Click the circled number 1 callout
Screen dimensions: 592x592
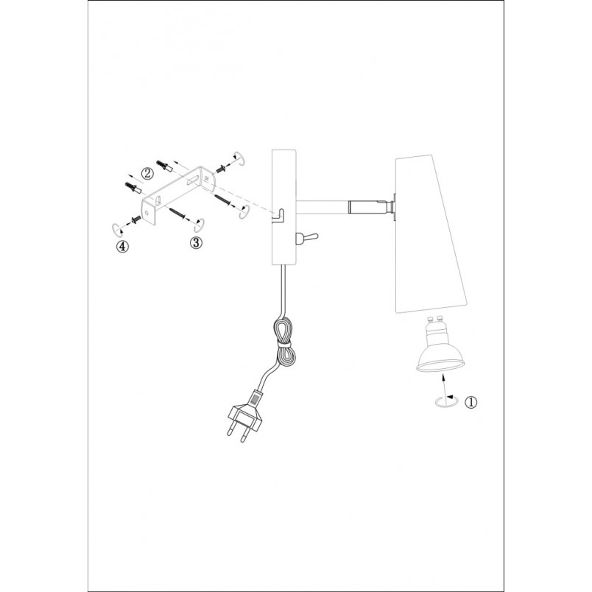click(x=471, y=402)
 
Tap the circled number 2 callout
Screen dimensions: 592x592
click(x=147, y=173)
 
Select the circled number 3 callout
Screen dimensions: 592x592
click(x=196, y=242)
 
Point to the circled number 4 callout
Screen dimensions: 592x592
click(x=122, y=247)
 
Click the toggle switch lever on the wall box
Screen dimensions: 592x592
click(x=307, y=238)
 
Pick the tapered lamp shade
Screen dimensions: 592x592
click(x=431, y=234)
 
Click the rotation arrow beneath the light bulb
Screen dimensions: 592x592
click(x=446, y=402)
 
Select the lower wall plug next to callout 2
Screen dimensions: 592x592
click(x=133, y=188)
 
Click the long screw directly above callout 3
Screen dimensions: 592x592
click(x=177, y=214)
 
